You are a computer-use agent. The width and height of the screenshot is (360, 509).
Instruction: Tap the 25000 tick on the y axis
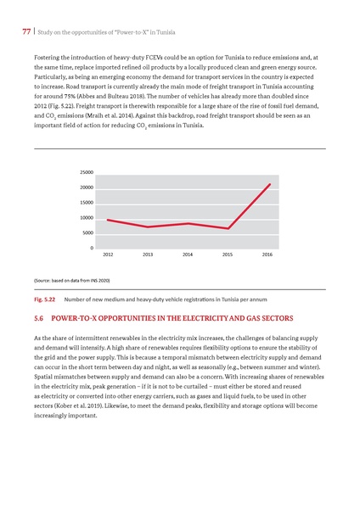87,171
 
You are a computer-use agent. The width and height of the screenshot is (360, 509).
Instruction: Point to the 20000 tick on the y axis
87,187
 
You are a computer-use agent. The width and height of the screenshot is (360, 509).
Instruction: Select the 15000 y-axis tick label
87,202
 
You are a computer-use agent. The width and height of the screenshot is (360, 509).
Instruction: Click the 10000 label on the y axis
87,217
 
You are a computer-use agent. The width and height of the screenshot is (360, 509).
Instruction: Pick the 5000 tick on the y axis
88,232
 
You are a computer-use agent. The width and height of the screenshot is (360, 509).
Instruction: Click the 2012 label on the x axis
108,255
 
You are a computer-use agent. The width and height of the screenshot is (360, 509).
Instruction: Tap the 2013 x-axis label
148,255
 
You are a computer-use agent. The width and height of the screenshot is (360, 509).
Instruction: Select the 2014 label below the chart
188,255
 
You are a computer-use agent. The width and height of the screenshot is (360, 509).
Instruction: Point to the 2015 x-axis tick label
228,255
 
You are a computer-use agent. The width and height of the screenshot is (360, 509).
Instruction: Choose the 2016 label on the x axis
267,255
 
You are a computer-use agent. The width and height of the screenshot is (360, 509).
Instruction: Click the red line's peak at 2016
270,184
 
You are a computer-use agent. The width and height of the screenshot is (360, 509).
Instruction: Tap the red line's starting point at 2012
107,220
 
